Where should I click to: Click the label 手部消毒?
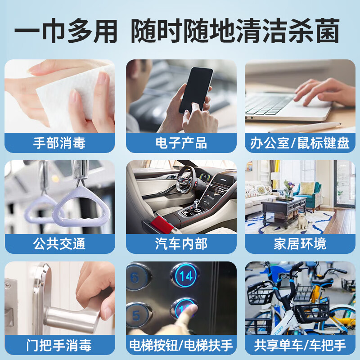(x=59, y=143)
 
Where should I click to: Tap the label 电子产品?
(x=181, y=143)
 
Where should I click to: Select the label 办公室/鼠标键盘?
(x=300, y=143)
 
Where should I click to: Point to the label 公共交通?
(x=59, y=244)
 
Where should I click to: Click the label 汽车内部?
(x=181, y=244)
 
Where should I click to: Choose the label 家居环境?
(x=300, y=244)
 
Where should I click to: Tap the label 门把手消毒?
(x=59, y=345)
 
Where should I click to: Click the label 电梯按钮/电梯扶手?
(x=181, y=345)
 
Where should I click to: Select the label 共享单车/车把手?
(x=300, y=345)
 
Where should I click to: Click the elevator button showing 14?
(x=186, y=276)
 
